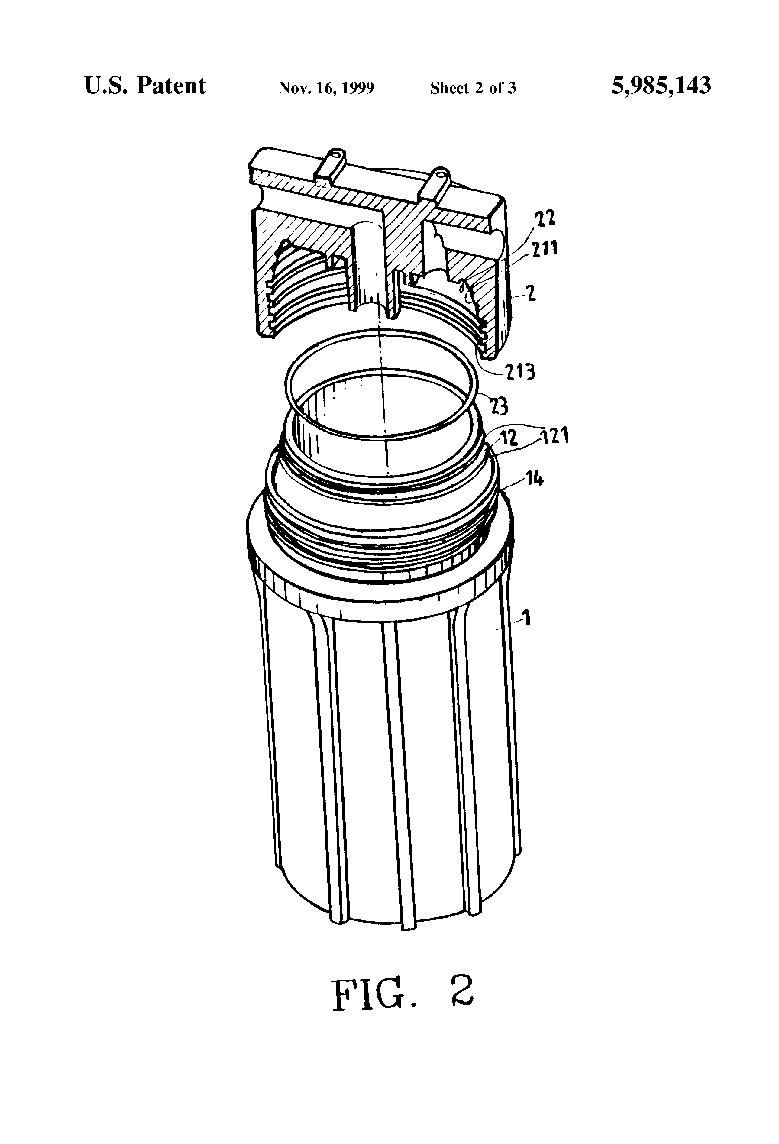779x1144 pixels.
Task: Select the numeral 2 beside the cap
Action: click(x=531, y=295)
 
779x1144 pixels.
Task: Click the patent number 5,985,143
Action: click(x=661, y=86)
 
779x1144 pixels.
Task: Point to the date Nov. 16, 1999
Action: click(x=326, y=88)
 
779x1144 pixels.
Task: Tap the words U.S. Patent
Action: click(x=145, y=86)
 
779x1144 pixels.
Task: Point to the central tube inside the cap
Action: click(x=374, y=276)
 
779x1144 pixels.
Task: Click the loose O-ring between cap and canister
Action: click(x=382, y=383)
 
